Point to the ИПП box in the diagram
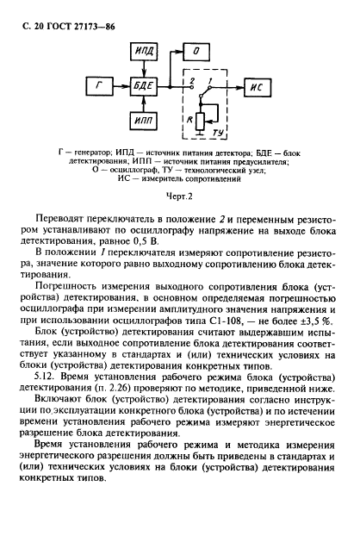point(143,122)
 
